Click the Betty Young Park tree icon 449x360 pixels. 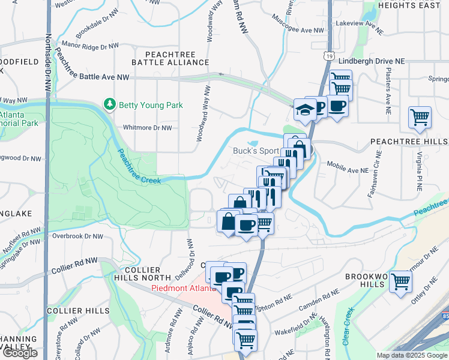coord(110,105)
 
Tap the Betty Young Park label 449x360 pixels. coord(151,106)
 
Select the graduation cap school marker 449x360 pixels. coord(304,110)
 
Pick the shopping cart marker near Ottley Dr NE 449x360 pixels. coord(400,281)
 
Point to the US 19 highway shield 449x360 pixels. coord(328,56)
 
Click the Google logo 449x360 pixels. coord(19,353)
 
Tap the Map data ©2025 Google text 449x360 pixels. coord(412,355)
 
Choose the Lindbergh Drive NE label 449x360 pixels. coord(372,61)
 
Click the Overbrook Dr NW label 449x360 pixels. coord(75,236)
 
